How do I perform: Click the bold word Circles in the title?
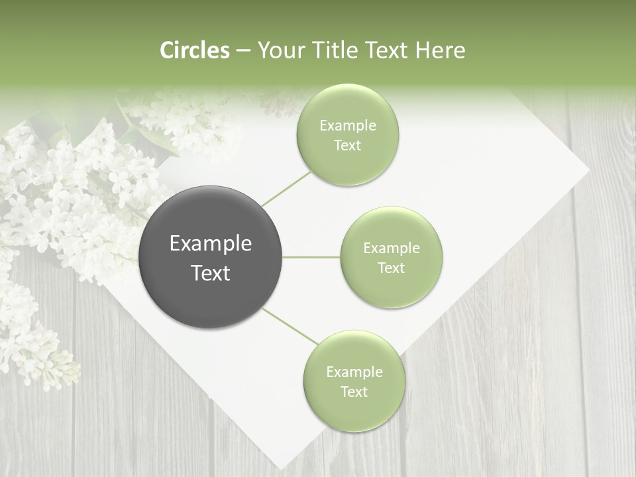(x=195, y=50)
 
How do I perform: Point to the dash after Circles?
(x=243, y=51)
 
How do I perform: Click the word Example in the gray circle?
(x=211, y=244)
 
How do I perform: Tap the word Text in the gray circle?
(x=211, y=273)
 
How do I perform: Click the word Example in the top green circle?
(x=347, y=125)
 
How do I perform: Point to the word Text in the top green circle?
(x=347, y=146)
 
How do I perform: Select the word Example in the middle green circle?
(x=392, y=248)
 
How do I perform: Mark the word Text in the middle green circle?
(x=392, y=268)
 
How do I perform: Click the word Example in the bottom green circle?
(x=354, y=372)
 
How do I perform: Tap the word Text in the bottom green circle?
(x=354, y=392)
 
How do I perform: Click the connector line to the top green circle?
(x=286, y=189)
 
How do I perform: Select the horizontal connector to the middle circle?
(x=311, y=257)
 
